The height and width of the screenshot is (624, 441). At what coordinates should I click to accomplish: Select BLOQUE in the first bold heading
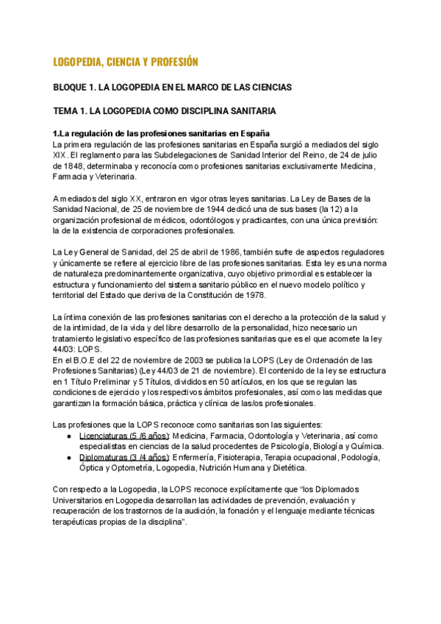74,88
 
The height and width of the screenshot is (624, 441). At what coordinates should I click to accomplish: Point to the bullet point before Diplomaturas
69,458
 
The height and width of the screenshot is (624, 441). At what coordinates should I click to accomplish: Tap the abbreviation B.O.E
77,361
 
